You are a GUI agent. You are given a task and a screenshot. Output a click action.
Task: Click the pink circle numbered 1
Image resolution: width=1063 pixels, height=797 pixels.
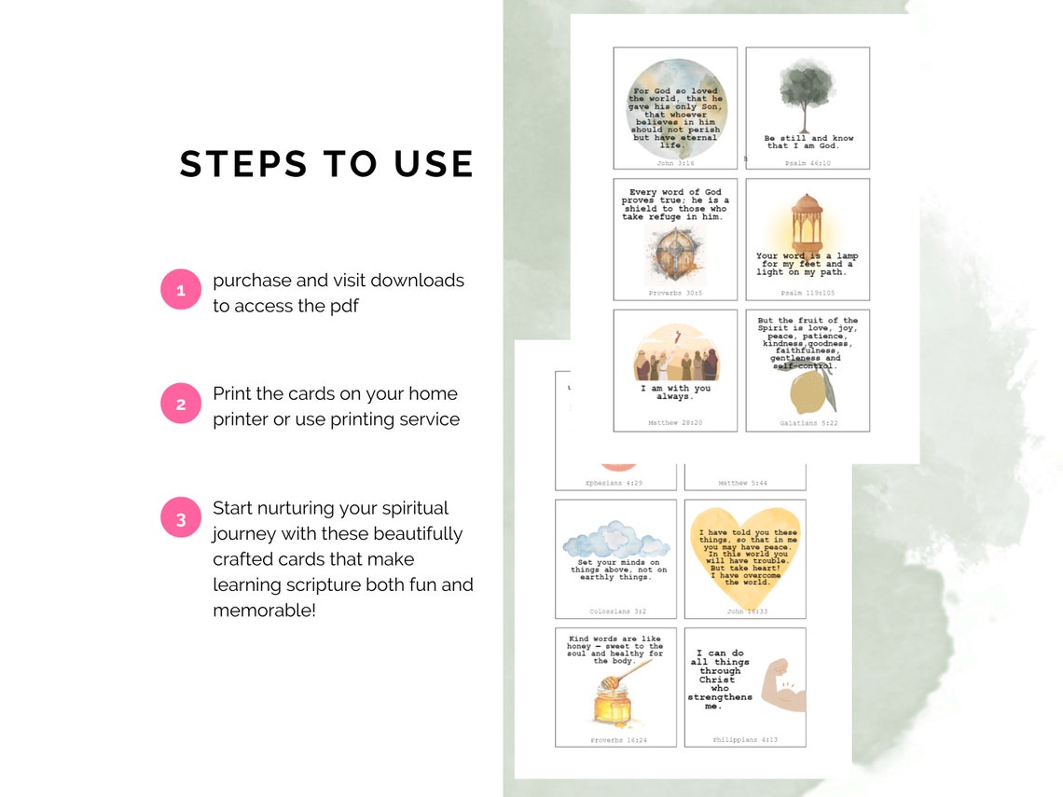coord(181,290)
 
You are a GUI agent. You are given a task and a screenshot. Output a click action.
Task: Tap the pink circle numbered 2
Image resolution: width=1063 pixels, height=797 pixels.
coord(181,405)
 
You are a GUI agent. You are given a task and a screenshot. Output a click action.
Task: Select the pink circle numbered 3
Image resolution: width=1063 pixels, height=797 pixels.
coord(181,519)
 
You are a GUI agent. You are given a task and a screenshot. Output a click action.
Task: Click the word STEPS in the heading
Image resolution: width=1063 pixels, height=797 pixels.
coord(242,164)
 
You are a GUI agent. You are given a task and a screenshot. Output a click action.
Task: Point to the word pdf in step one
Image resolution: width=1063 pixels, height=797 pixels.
coord(342,306)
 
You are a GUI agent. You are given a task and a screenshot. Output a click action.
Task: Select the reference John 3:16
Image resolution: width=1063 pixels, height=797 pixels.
coord(675,163)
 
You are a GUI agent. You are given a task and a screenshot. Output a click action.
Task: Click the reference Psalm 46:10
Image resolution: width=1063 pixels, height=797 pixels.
coord(808,163)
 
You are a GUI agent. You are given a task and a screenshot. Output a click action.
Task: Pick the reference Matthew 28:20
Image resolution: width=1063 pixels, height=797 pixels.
coord(675,423)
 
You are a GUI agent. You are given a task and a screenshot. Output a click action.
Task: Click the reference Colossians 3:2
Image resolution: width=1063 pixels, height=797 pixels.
coord(617,611)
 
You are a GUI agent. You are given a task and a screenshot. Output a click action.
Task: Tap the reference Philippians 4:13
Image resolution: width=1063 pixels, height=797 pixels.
coord(745,740)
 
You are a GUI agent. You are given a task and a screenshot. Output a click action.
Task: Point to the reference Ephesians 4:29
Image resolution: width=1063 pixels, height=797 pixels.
coord(615,483)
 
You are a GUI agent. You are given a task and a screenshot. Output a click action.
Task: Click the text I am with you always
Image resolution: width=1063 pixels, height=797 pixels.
coord(675,392)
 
